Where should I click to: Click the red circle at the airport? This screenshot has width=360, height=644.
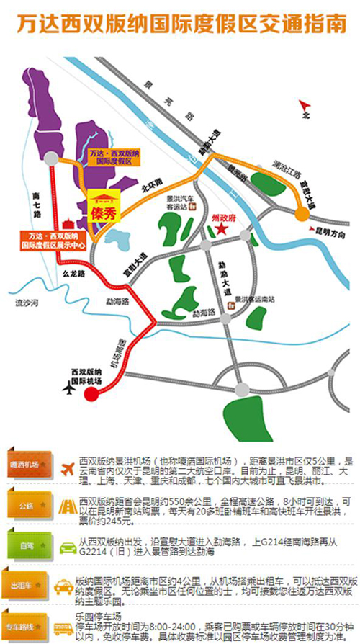coord(91,393)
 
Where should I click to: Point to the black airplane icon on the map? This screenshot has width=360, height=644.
coord(69,389)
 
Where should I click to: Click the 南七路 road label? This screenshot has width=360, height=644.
coord(37,205)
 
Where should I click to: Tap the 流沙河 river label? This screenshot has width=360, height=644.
coord(27,305)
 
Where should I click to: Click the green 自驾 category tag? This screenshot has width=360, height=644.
coord(28,546)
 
